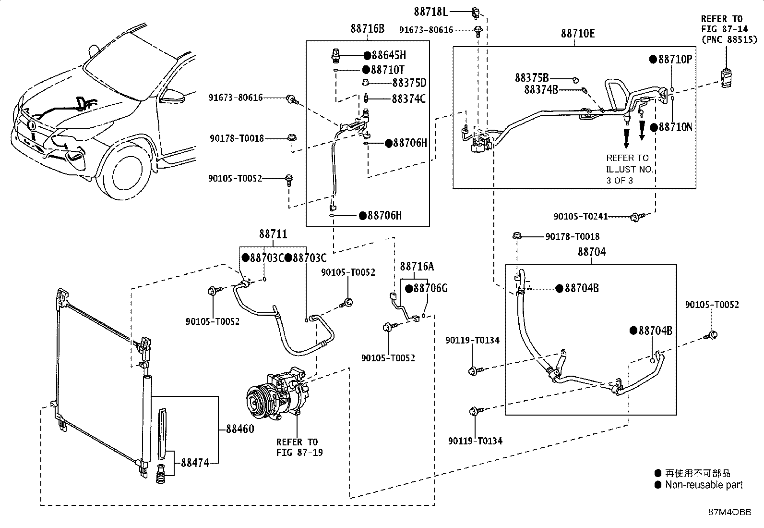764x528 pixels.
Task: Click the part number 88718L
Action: tap(430, 12)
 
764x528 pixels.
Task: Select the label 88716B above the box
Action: tap(367, 29)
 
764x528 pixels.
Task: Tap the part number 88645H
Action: tap(389, 55)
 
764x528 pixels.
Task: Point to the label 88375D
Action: tap(409, 83)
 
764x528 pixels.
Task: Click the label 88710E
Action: tap(578, 34)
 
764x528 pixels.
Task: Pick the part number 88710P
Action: tap(675, 60)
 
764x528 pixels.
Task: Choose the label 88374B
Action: tap(541, 90)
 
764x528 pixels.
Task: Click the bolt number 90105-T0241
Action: tap(581, 217)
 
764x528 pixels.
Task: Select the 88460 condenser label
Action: tap(240, 429)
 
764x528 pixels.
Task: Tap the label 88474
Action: tap(195, 463)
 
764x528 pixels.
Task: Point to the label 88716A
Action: tap(417, 266)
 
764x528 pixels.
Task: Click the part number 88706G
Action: tap(430, 289)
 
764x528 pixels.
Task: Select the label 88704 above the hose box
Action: tap(591, 252)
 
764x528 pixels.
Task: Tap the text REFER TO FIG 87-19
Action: tap(299, 447)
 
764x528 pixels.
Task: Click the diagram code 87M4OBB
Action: tap(730, 512)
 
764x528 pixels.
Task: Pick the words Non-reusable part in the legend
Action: tap(704, 485)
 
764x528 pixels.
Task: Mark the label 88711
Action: tap(273, 234)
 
